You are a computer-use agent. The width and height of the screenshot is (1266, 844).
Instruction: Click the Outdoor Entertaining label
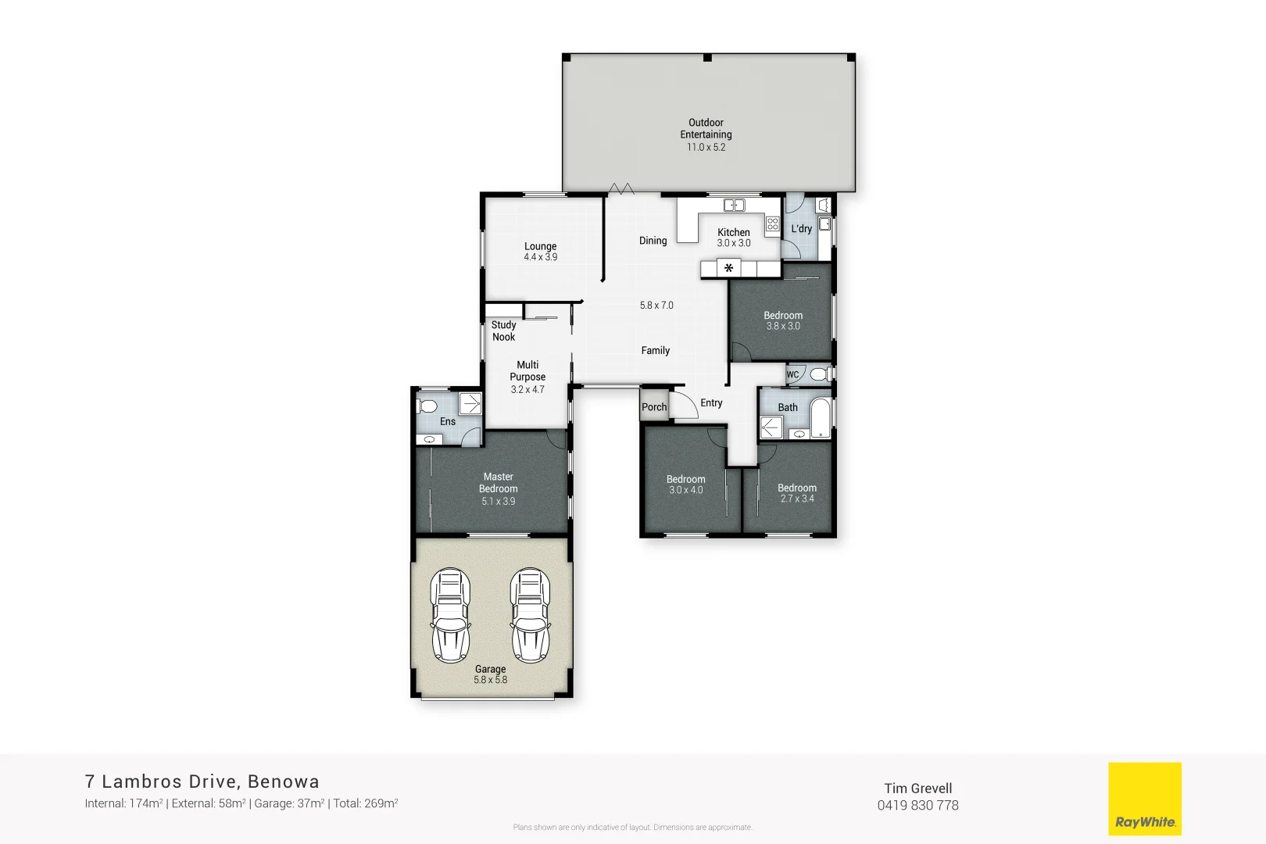click(x=706, y=129)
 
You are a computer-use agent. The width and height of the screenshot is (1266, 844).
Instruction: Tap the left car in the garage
click(x=451, y=615)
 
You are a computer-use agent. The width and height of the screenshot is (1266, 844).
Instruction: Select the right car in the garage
click(x=531, y=615)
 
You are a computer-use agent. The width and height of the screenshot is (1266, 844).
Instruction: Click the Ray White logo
click(x=1145, y=799)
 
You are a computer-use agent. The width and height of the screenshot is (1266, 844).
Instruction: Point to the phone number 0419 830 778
click(x=917, y=806)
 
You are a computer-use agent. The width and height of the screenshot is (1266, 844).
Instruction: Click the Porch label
click(x=654, y=407)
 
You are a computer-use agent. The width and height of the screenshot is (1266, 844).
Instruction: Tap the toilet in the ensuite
click(x=427, y=406)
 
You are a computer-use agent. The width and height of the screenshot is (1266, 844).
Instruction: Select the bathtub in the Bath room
click(x=820, y=418)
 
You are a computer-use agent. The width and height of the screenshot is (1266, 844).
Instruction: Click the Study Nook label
click(x=504, y=331)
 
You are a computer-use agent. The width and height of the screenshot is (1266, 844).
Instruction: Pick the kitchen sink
click(x=734, y=206)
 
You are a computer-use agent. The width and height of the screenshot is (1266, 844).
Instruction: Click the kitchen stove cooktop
click(x=772, y=225)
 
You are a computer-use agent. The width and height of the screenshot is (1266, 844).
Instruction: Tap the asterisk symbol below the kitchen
click(x=728, y=269)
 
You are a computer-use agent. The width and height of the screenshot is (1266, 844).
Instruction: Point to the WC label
click(x=792, y=374)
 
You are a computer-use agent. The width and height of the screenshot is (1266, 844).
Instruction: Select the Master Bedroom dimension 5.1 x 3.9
click(x=499, y=502)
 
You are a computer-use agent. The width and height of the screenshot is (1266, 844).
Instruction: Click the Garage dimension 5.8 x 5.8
click(x=490, y=680)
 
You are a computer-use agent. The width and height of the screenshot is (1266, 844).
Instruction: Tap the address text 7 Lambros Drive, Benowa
click(x=202, y=781)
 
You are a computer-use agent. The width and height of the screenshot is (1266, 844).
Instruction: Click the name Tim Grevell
click(x=917, y=789)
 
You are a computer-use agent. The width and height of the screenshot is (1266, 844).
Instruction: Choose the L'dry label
click(x=801, y=229)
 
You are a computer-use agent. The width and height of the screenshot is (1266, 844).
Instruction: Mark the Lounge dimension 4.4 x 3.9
click(x=540, y=257)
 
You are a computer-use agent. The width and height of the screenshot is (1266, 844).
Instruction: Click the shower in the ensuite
click(x=470, y=403)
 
